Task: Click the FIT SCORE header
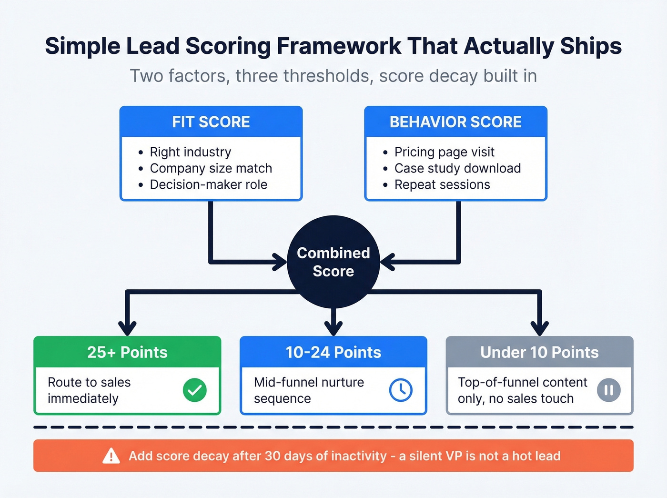coord(211,122)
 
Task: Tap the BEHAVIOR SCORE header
coord(455,122)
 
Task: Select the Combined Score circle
coord(333,262)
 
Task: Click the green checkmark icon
coord(195,390)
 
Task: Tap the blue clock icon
coord(401,390)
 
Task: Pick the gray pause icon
coord(608,390)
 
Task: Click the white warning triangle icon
coord(111,456)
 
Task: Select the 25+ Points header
coord(127,352)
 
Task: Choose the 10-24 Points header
coord(333,352)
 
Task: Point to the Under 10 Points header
coord(539,352)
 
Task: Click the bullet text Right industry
coord(190,152)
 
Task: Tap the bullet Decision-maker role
coord(208,184)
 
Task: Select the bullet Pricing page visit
coord(444,152)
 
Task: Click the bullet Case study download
coord(457,168)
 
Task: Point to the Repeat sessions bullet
coord(442,184)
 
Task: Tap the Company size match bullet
coord(211,168)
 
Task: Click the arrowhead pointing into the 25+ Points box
coord(127,329)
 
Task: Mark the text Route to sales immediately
coord(89,390)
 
